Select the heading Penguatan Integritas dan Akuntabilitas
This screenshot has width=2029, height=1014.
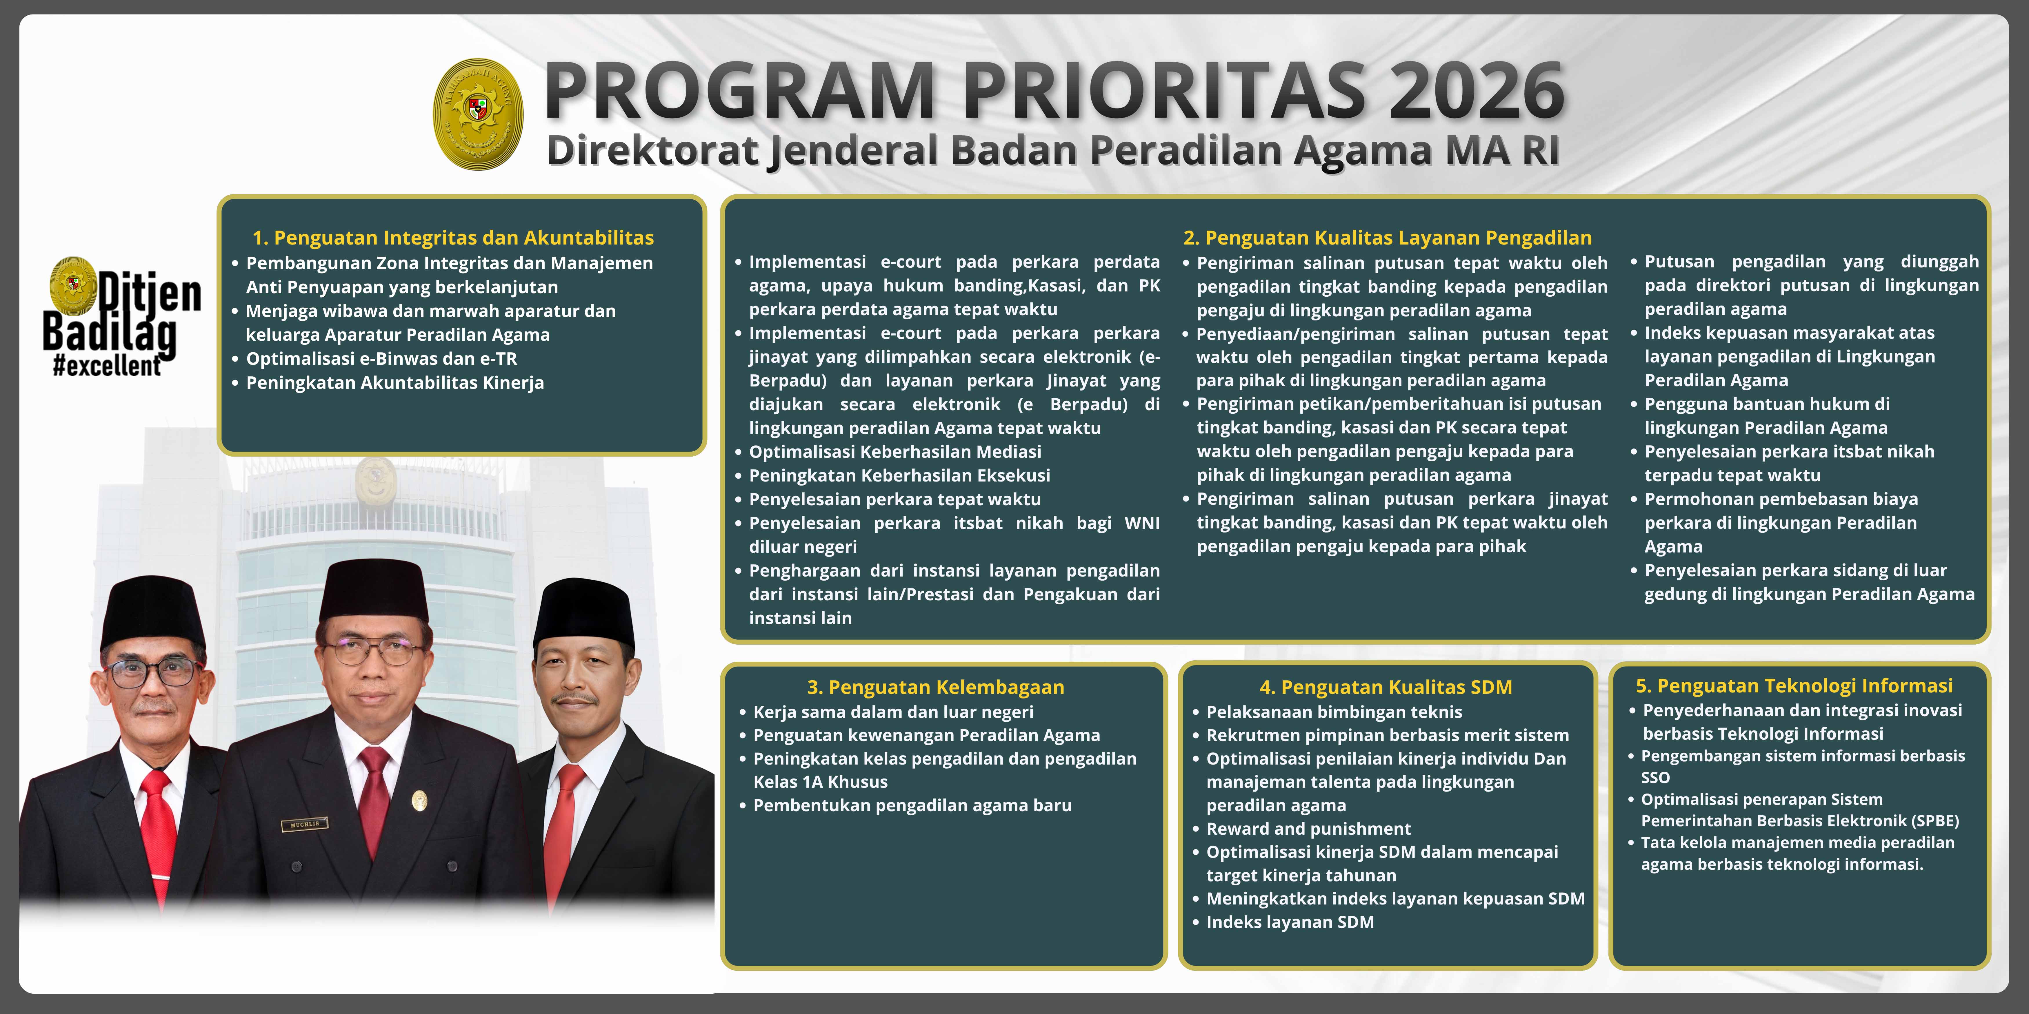[453, 238]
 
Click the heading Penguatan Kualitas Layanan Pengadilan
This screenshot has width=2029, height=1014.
[1387, 238]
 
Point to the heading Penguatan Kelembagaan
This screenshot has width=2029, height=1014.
[936, 687]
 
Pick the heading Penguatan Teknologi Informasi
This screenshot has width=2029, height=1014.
[1794, 686]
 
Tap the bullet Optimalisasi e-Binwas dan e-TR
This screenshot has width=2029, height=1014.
[381, 359]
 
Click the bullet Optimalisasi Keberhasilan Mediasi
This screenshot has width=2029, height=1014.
[895, 452]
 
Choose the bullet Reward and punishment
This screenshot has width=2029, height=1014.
[1308, 829]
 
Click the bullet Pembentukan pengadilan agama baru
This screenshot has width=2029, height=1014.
[912, 805]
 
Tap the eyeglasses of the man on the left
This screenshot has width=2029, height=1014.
[152, 672]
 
